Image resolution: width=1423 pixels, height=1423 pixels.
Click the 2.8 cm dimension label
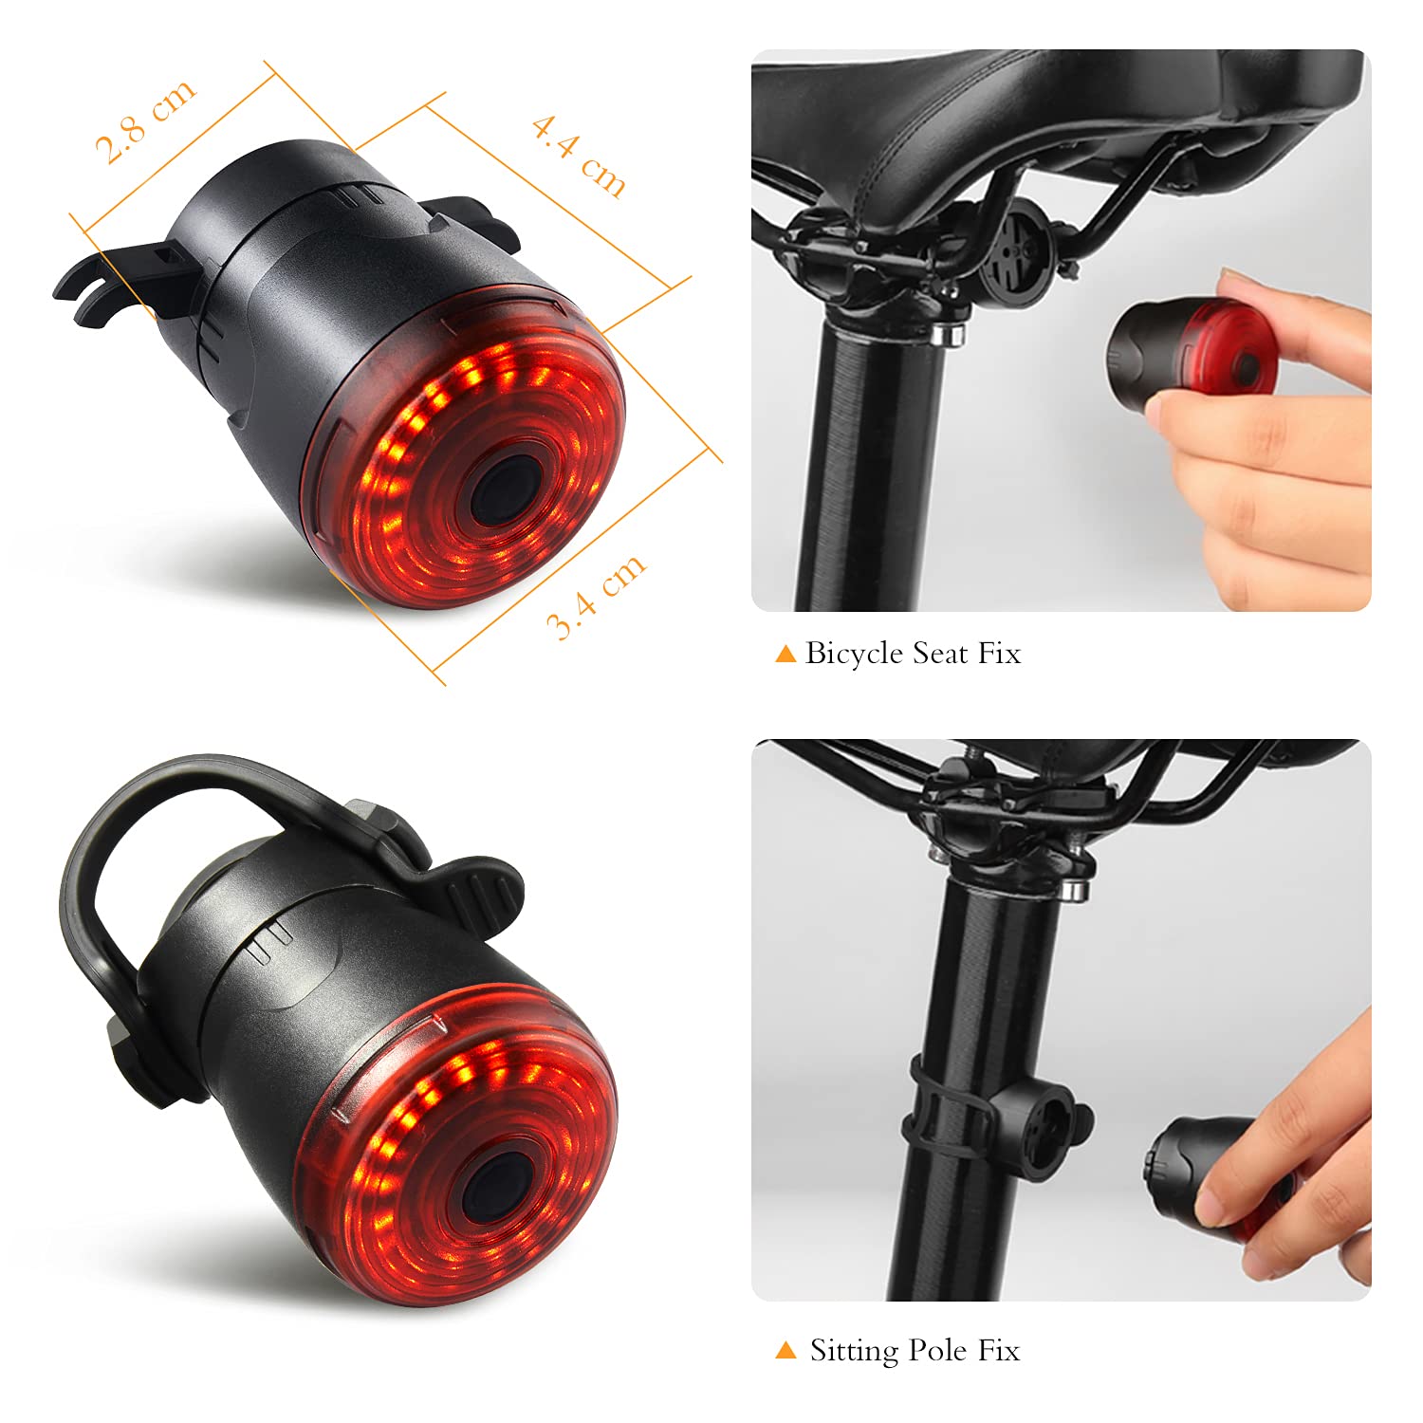pyautogui.click(x=145, y=120)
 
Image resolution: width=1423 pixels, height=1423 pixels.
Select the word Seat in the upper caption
pyautogui.click(x=940, y=654)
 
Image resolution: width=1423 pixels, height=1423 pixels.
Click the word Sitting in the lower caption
pyautogui.click(x=855, y=1350)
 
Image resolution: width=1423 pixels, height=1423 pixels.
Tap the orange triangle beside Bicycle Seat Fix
pyautogui.click(x=785, y=654)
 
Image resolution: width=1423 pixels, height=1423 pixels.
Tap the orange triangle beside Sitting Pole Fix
pyautogui.click(x=785, y=1350)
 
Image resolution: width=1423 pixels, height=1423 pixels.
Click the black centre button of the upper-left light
pyautogui.click(x=504, y=488)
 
